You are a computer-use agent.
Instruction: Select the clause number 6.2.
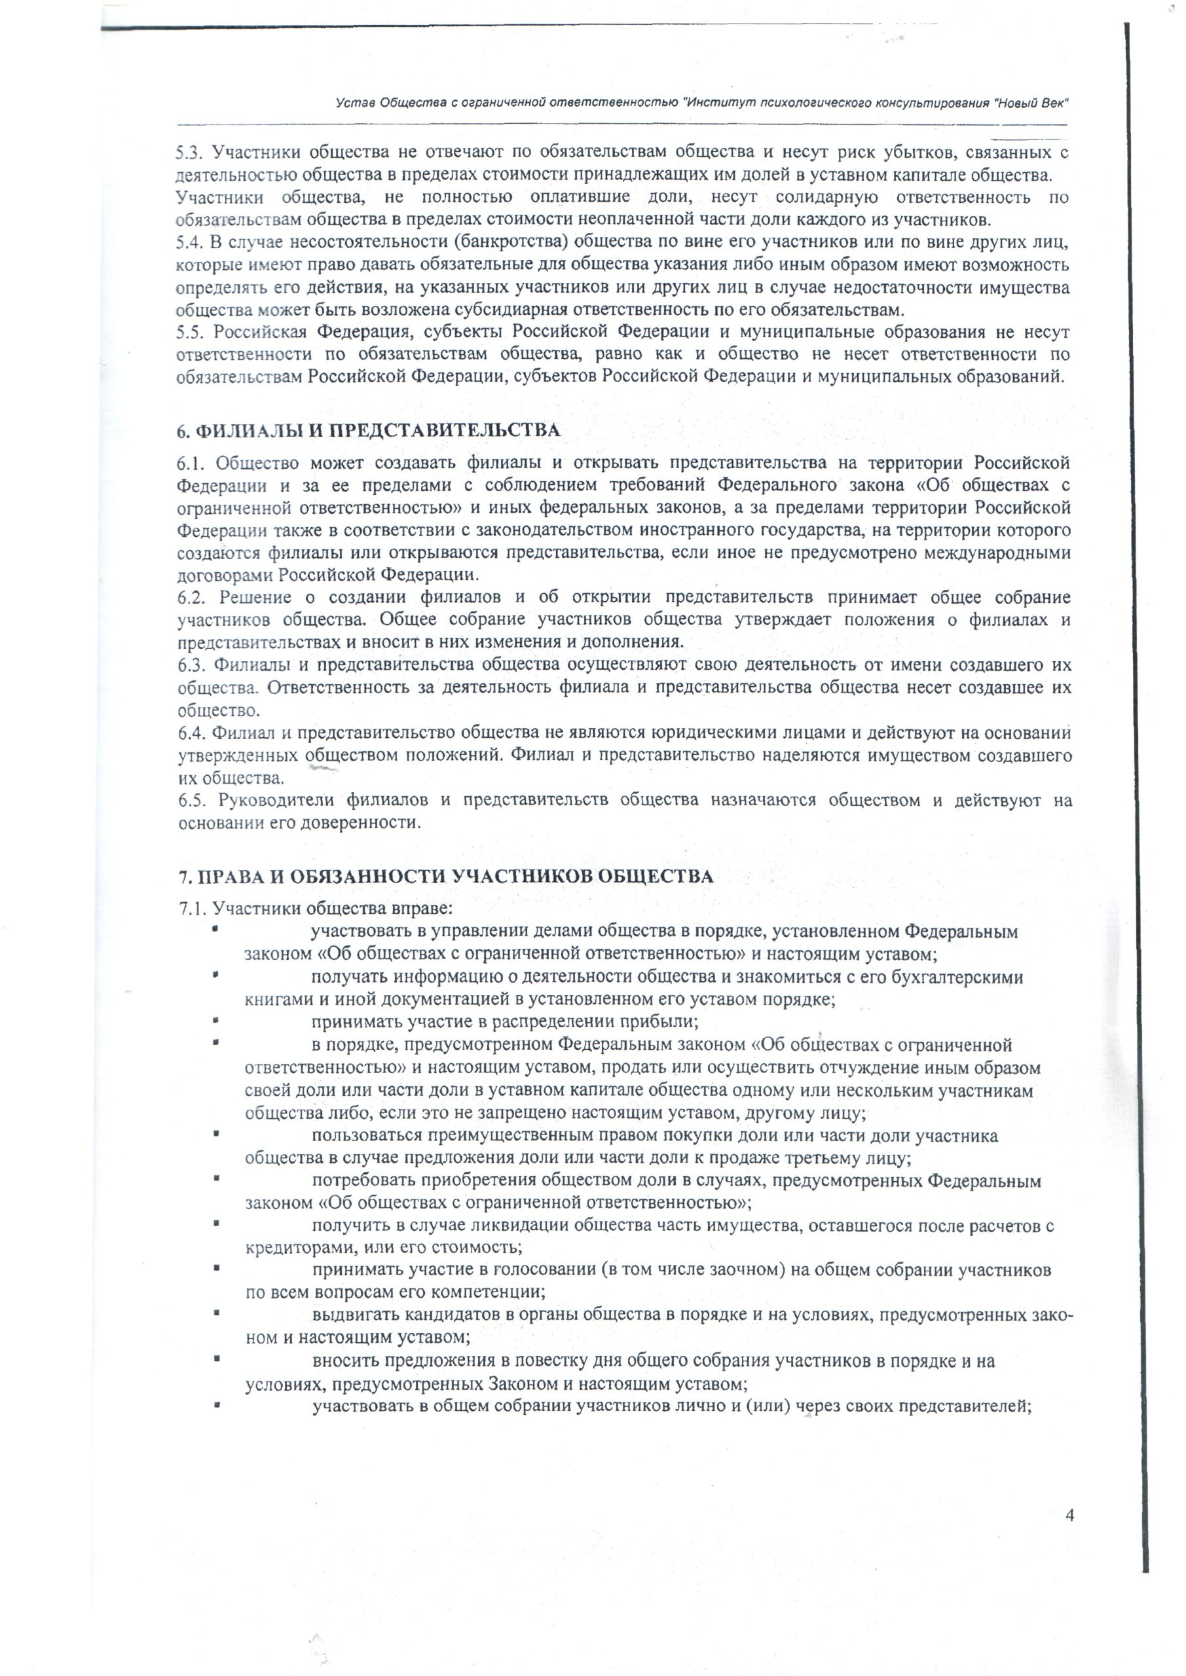(191, 598)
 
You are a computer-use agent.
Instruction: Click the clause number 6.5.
(192, 801)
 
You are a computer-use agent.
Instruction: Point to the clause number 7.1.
(193, 909)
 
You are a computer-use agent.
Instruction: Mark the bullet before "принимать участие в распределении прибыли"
(215, 1021)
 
